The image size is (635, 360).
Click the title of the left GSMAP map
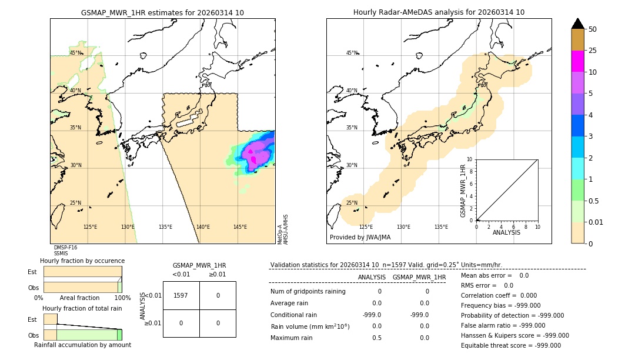pyautogui.click(x=162, y=12)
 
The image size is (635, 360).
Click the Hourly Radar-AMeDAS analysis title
pyautogui.click(x=439, y=12)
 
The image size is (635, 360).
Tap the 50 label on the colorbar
pyautogui.click(x=593, y=29)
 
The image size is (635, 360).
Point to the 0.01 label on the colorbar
pyautogui.click(x=596, y=222)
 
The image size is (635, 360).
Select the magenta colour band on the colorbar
pyautogui.click(x=577, y=61)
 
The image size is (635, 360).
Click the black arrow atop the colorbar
pyautogui.click(x=577, y=24)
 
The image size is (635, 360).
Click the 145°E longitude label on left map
pyautogui.click(x=240, y=227)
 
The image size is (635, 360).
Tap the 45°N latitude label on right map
pyautogui.click(x=352, y=53)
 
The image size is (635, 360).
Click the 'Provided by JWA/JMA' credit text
pyautogui.click(x=360, y=238)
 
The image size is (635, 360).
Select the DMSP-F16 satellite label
pyautogui.click(x=65, y=248)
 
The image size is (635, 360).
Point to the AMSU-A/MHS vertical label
pyautogui.click(x=286, y=229)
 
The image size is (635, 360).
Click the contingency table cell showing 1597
pyautogui.click(x=181, y=295)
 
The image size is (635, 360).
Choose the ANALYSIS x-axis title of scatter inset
pyautogui.click(x=506, y=232)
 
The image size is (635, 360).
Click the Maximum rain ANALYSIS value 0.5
pyautogui.click(x=377, y=338)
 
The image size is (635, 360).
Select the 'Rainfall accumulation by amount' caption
pyautogui.click(x=82, y=345)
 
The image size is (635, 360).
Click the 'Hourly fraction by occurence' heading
pyautogui.click(x=82, y=261)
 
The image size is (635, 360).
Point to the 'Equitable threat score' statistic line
pyautogui.click(x=510, y=345)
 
